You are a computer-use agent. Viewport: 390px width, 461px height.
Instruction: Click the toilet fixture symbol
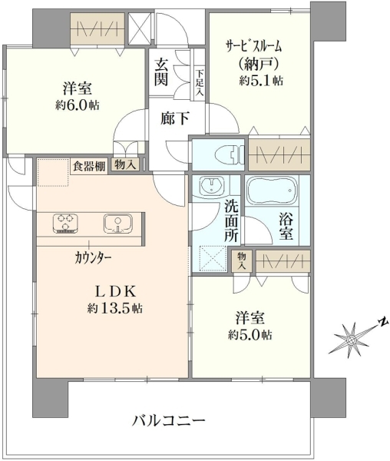pyautogui.click(x=230, y=154)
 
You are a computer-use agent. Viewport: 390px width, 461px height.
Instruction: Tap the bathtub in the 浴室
pyautogui.click(x=272, y=191)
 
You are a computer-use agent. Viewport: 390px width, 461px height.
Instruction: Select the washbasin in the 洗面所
pyautogui.click(x=211, y=186)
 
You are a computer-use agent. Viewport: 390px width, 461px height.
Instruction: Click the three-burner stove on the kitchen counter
pyautogui.click(x=65, y=224)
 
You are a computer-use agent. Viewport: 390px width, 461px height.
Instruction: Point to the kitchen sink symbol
pyautogui.click(x=117, y=224)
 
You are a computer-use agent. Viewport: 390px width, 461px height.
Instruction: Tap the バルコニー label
pyautogui.click(x=168, y=420)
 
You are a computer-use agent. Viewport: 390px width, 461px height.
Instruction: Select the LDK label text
pyautogui.click(x=115, y=292)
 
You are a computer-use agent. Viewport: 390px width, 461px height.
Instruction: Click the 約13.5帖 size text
pyautogui.click(x=115, y=308)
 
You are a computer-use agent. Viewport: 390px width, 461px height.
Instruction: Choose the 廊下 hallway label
pyautogui.click(x=174, y=118)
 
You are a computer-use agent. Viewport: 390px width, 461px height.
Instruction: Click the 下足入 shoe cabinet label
pyautogui.click(x=200, y=82)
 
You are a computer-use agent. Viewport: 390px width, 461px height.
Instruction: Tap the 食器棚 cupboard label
pyautogui.click(x=89, y=167)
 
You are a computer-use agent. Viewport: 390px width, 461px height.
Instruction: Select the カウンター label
pyautogui.click(x=93, y=258)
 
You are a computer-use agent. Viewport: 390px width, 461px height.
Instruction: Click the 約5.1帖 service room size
pyautogui.click(x=261, y=80)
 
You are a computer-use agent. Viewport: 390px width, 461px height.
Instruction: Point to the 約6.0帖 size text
pyautogui.click(x=78, y=105)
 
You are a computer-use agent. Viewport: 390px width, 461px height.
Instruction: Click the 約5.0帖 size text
pyautogui.click(x=250, y=334)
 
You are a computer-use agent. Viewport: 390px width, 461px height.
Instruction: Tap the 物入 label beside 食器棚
pyautogui.click(x=125, y=165)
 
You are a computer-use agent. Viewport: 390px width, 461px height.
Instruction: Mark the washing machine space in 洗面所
pyautogui.click(x=213, y=259)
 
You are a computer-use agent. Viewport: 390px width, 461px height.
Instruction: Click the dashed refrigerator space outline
pyautogui.click(x=53, y=173)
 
